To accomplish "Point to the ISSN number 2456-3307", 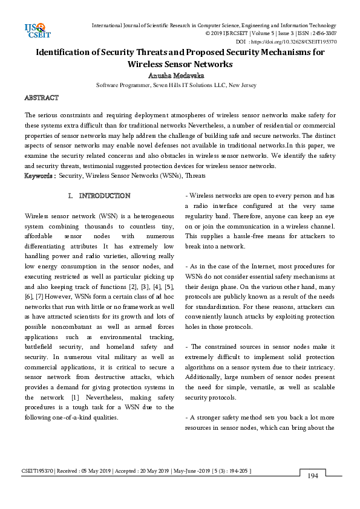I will click(324, 34).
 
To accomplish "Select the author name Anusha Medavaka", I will click(180, 76).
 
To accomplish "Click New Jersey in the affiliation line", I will click(242, 85).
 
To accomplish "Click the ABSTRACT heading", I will click(41, 98).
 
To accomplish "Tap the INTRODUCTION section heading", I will click(104, 196).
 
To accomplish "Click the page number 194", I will click(313, 476).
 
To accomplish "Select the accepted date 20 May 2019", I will click(148, 470).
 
